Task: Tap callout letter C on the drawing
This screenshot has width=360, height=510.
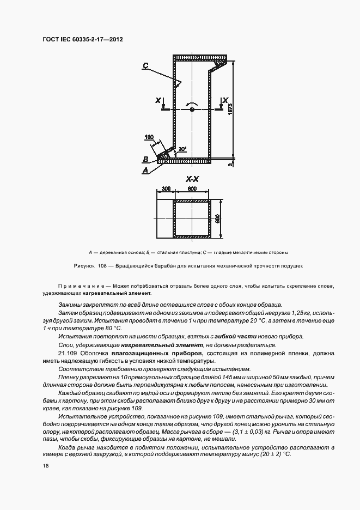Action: (146, 65)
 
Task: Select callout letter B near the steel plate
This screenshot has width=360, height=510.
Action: (145, 159)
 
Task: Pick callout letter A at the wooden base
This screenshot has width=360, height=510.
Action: (145, 170)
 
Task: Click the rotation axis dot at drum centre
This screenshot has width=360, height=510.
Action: (192, 110)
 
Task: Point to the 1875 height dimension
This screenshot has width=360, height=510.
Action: (230, 109)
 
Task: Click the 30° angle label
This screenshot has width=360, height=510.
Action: (182, 148)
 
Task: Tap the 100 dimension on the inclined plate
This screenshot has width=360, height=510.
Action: (149, 136)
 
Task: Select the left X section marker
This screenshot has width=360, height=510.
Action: (158, 100)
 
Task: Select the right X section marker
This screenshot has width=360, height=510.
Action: (224, 100)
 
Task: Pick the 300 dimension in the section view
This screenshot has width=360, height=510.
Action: (166, 188)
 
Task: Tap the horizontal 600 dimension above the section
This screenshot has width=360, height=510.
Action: (192, 188)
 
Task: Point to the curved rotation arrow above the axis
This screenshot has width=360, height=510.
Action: (192, 102)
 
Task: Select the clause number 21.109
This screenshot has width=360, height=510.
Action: (67, 354)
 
